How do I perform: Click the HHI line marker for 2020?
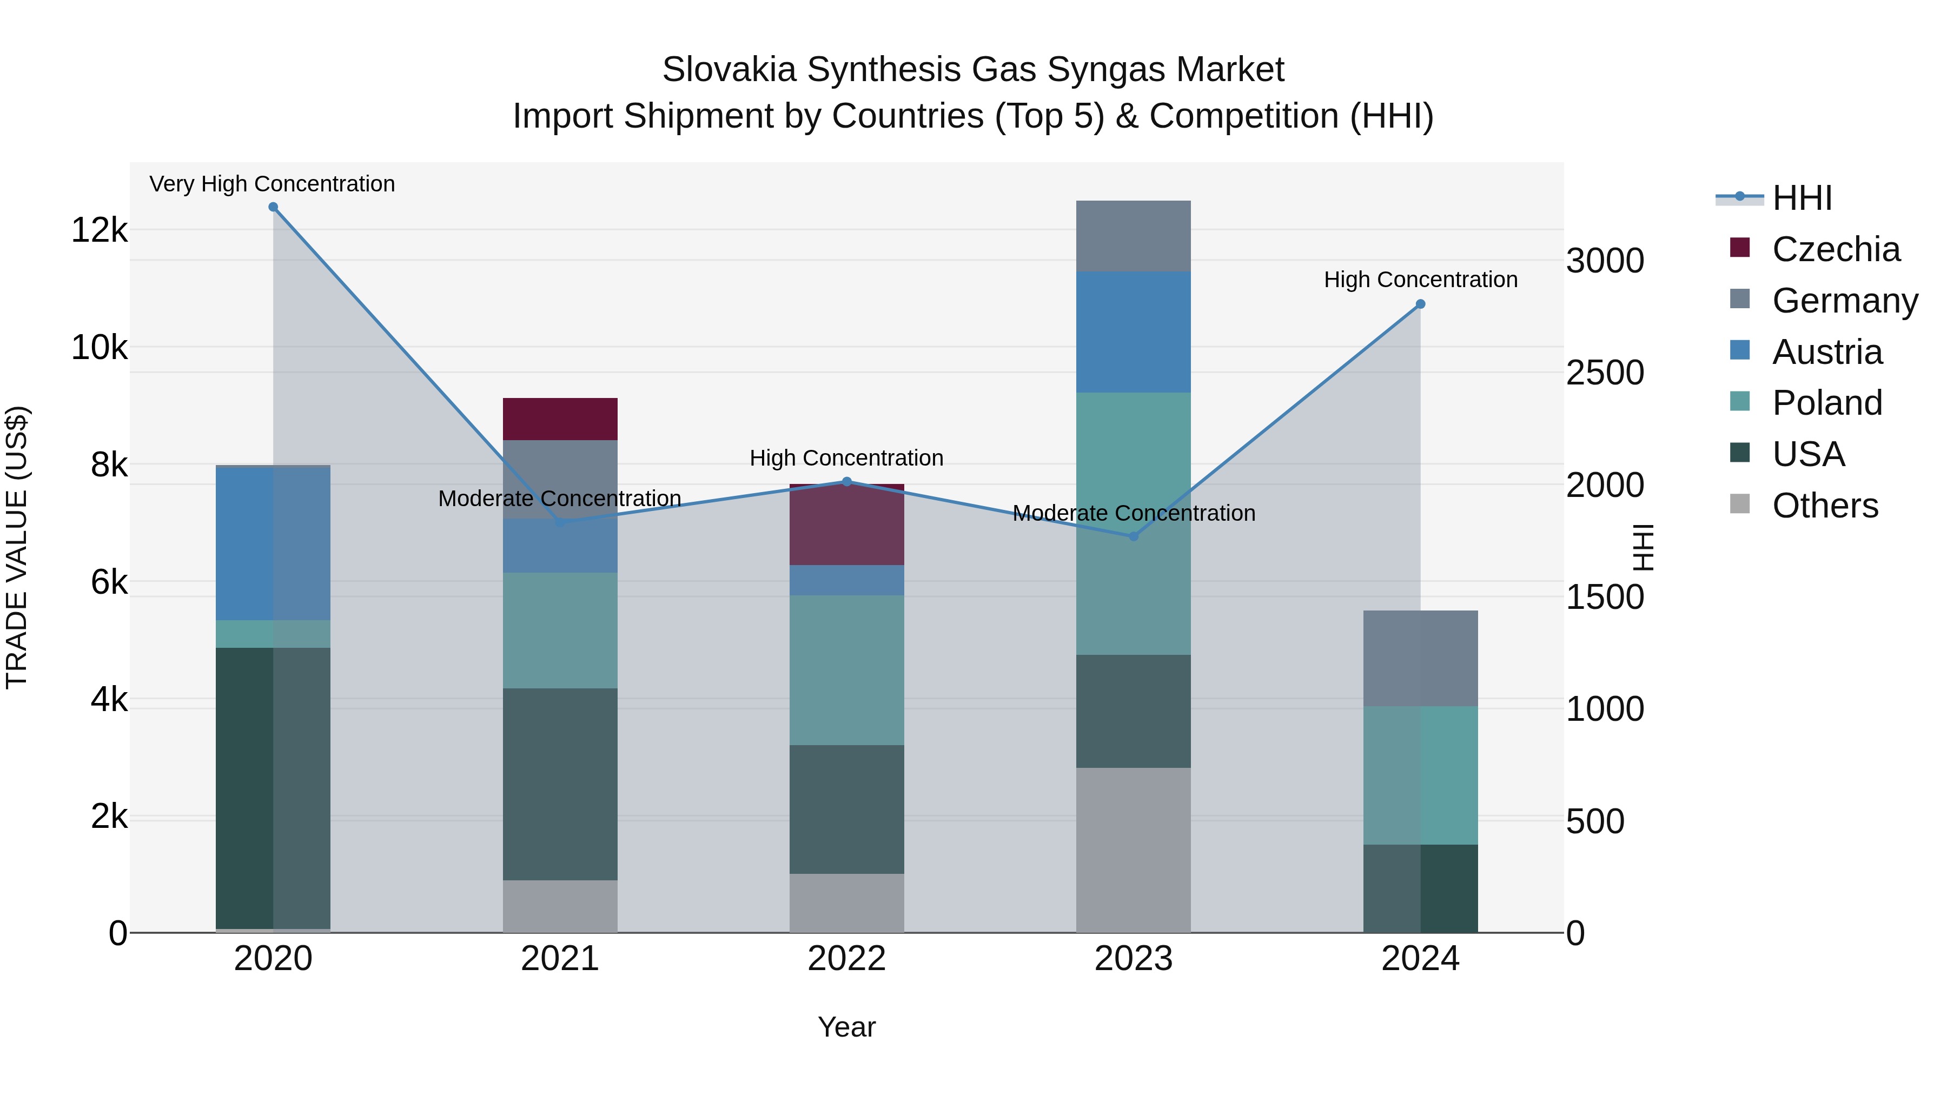(x=273, y=207)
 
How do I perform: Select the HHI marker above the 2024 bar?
(x=1420, y=304)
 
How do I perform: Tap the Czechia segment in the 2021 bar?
(x=560, y=419)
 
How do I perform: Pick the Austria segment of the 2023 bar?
(x=1133, y=332)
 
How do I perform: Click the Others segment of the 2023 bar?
(x=1133, y=850)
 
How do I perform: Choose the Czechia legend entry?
(x=1835, y=249)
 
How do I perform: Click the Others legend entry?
(x=1825, y=506)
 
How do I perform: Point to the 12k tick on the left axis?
(x=99, y=230)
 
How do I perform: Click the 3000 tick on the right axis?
(x=1605, y=261)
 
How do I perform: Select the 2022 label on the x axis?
(x=846, y=959)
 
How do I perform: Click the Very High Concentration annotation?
(x=272, y=184)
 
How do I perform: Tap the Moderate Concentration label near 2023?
(x=1134, y=513)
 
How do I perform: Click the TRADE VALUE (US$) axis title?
(x=17, y=547)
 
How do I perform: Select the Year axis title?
(x=846, y=1027)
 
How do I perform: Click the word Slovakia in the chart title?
(x=729, y=70)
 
